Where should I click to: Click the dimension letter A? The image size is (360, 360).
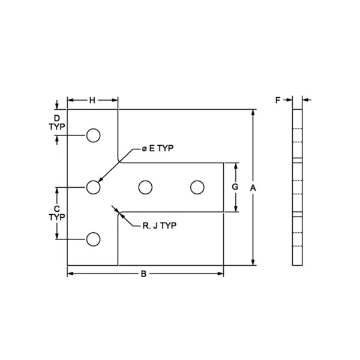tap(254, 188)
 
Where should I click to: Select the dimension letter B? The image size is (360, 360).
tap(143, 274)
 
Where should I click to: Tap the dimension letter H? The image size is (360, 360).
tap(92, 101)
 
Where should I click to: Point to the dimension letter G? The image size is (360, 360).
tap(235, 187)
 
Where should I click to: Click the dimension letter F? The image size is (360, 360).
tap(278, 101)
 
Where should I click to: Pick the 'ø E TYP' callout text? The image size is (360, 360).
tap(158, 148)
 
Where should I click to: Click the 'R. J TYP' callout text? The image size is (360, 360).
tap(159, 226)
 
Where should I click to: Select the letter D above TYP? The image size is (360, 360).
tap(56, 118)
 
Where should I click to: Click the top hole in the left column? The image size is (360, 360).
tap(92, 136)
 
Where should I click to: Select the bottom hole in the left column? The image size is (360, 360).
tap(92, 240)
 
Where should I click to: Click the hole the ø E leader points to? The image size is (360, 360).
tap(92, 188)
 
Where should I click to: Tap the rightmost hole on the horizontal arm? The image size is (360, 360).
tap(196, 188)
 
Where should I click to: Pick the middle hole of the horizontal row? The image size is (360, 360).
tap(144, 188)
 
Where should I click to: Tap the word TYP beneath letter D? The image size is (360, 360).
tap(56, 127)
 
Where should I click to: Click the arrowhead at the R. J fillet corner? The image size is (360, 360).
tap(120, 213)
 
